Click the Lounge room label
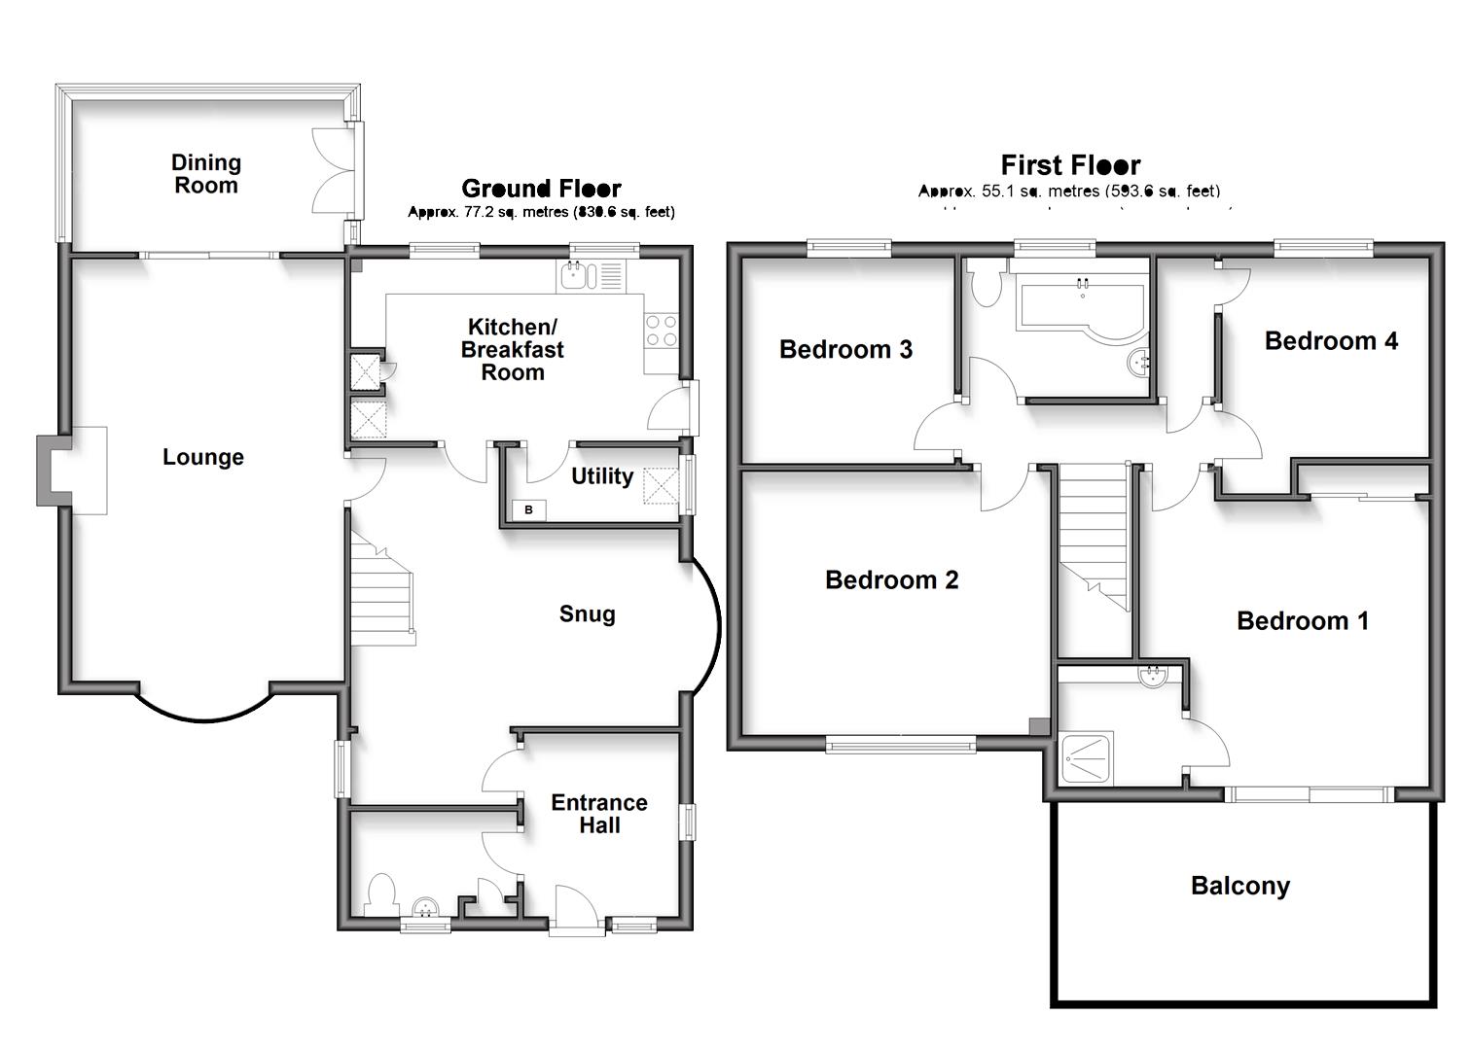click(202, 457)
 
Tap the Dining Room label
click(206, 174)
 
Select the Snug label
click(587, 614)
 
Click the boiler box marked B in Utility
click(529, 509)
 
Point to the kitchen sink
click(578, 277)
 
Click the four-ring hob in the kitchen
click(662, 331)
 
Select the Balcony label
click(1239, 886)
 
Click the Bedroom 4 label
click(1330, 341)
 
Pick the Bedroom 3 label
click(845, 350)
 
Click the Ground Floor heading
click(541, 189)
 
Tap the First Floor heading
click(1070, 165)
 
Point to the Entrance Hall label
click(598, 814)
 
